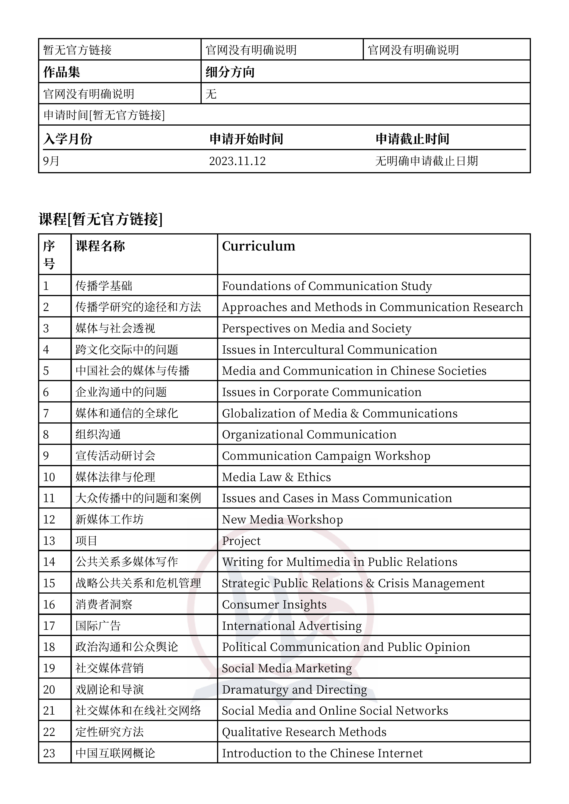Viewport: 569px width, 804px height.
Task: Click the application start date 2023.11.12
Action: pyautogui.click(x=237, y=161)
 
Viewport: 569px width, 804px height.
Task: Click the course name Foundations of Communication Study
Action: pyautogui.click(x=327, y=286)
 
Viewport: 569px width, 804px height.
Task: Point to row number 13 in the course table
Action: pyautogui.click(x=49, y=541)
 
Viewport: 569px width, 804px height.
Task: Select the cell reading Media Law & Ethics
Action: pyautogui.click(x=276, y=477)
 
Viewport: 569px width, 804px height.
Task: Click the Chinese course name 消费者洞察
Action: pyautogui.click(x=104, y=604)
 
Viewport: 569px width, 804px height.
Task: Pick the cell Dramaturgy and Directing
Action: pyautogui.click(x=295, y=689)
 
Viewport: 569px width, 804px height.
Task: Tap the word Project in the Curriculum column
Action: pyautogui.click(x=241, y=541)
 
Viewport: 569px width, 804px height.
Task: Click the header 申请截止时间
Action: pyautogui.click(x=412, y=139)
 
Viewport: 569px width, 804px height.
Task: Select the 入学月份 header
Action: pyautogui.click(x=68, y=139)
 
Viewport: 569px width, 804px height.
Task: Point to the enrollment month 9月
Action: pyautogui.click(x=51, y=161)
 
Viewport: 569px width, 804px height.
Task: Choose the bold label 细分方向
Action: pyautogui.click(x=230, y=72)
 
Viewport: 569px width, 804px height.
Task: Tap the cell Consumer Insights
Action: pyautogui.click(x=274, y=604)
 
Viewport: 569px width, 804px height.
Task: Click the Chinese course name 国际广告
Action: pyautogui.click(x=98, y=626)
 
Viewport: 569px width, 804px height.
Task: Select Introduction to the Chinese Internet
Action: pyautogui.click(x=322, y=753)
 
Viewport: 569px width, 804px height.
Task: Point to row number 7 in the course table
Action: pyautogui.click(x=46, y=413)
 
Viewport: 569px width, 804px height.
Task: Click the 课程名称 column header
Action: pyautogui.click(x=100, y=246)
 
